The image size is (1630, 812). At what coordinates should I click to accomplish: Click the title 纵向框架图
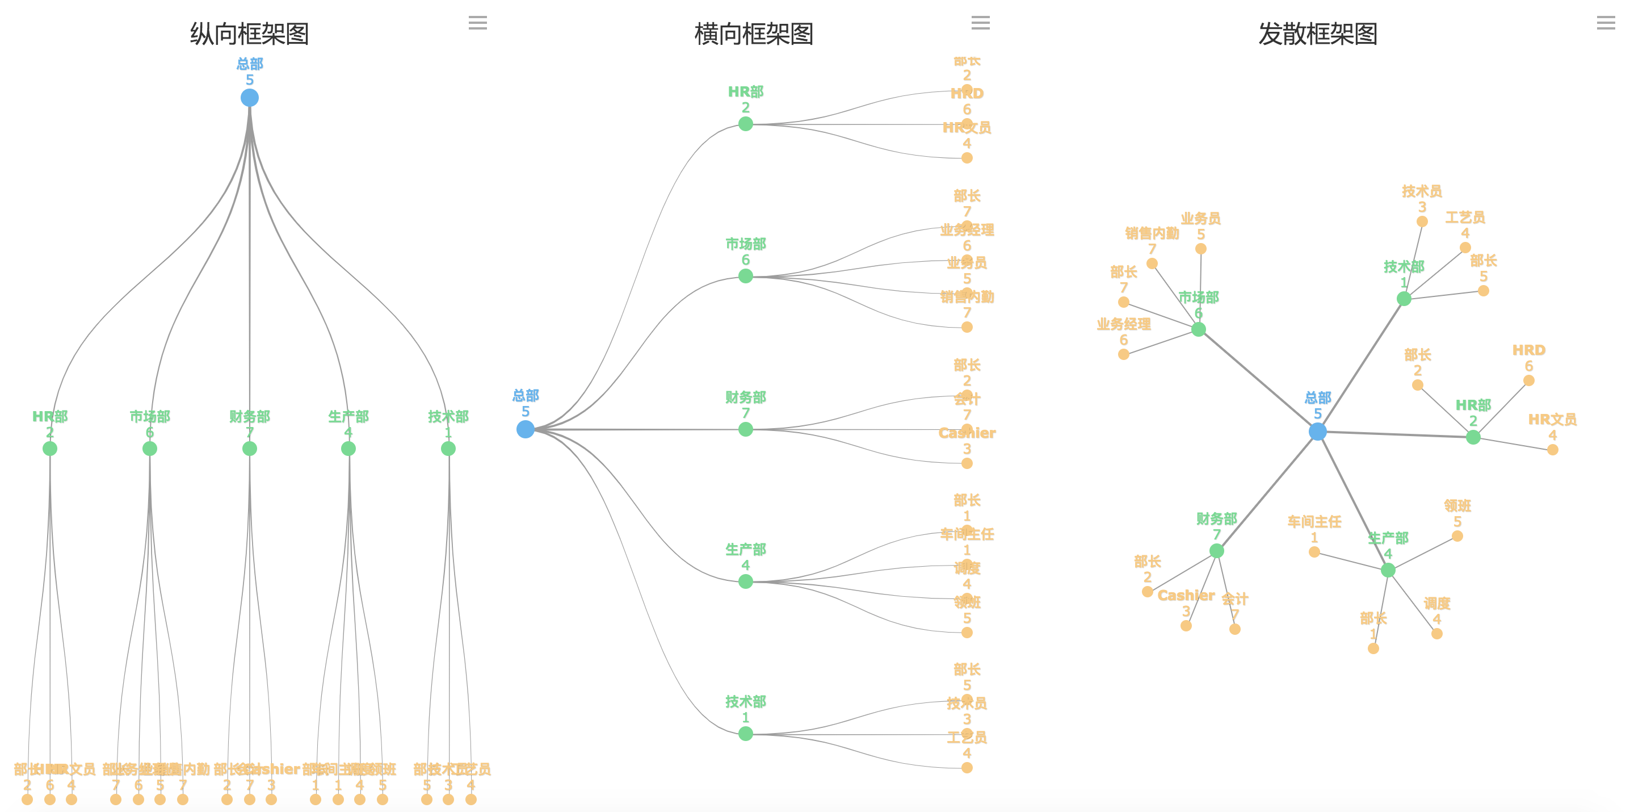click(x=249, y=34)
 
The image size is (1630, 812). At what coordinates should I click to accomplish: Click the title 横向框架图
click(x=753, y=34)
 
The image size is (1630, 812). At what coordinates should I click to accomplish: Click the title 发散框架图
click(x=1317, y=34)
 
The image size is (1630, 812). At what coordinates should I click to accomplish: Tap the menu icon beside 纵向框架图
click(x=478, y=23)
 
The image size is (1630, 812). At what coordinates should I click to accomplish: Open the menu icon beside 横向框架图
click(x=980, y=23)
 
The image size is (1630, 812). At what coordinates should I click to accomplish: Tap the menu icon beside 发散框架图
click(x=1606, y=23)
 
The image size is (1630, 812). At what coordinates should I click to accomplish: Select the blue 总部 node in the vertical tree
click(x=249, y=98)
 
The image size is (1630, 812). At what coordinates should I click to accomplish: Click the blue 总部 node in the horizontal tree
click(x=525, y=429)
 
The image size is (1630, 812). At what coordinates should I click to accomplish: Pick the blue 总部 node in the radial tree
click(x=1317, y=432)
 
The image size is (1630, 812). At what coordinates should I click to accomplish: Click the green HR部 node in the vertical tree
click(x=50, y=449)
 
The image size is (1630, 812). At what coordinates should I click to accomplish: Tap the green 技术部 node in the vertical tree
click(x=448, y=449)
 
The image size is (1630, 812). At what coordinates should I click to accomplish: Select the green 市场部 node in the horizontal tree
click(x=745, y=276)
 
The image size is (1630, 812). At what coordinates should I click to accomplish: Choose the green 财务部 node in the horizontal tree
click(x=745, y=429)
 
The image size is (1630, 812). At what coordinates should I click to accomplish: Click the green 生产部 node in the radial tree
click(x=1388, y=570)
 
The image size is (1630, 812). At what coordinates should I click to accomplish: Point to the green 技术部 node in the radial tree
click(x=1404, y=299)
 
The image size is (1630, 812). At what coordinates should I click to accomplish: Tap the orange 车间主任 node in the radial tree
click(x=1314, y=552)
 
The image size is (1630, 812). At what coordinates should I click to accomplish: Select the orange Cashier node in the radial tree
click(x=1186, y=626)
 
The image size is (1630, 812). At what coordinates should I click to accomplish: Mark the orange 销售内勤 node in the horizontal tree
click(x=967, y=327)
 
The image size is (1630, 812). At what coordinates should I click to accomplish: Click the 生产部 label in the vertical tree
click(x=348, y=416)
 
